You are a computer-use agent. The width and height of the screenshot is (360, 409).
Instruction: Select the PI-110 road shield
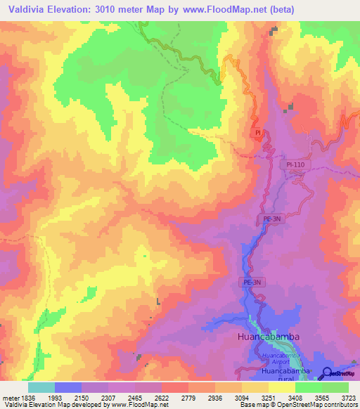(295, 164)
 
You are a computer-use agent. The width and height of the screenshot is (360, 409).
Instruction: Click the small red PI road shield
(258, 132)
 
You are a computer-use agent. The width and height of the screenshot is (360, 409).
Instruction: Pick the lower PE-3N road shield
(253, 283)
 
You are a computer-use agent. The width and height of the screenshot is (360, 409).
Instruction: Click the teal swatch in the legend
(41, 387)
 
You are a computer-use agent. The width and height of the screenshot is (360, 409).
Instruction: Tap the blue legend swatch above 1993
(68, 387)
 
